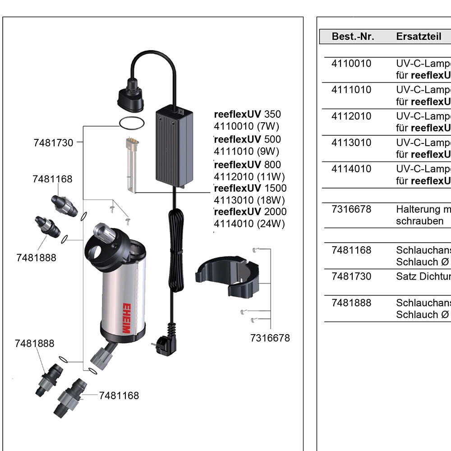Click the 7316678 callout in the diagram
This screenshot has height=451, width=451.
[270, 338]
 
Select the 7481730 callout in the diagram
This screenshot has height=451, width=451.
[53, 143]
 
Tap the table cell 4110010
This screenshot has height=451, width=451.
[351, 64]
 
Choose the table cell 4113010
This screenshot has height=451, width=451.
[351, 143]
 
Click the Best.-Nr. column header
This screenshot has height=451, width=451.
[353, 37]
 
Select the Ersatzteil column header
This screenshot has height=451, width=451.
[419, 37]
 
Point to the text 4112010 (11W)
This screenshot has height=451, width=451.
[249, 176]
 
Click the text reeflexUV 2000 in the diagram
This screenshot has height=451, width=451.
[250, 212]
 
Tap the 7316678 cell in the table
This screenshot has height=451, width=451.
[351, 209]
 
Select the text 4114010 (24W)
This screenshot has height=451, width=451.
[249, 223]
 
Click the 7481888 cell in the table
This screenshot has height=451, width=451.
[351, 303]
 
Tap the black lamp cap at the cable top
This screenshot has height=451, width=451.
[130, 97]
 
